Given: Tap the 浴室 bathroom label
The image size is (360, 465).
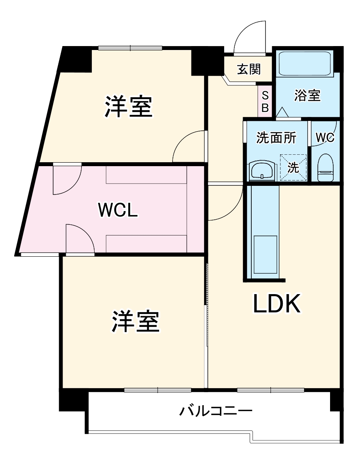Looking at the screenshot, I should [307, 95].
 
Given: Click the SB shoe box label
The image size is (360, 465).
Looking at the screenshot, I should [265, 101].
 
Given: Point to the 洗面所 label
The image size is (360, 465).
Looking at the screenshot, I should [276, 137].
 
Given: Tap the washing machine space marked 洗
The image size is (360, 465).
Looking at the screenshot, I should [293, 168].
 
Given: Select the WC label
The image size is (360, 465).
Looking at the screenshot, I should [325, 137].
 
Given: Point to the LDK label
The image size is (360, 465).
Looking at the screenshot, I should [276, 304].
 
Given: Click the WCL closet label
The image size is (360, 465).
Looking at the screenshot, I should [118, 210].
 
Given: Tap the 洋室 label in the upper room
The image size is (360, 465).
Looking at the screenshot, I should [128, 106].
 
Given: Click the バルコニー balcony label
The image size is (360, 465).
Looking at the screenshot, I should [216, 412].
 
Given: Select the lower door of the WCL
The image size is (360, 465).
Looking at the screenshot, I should [80, 239].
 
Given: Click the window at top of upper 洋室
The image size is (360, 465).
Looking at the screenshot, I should [130, 48].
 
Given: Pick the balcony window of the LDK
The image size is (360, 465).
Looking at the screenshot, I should [271, 390].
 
